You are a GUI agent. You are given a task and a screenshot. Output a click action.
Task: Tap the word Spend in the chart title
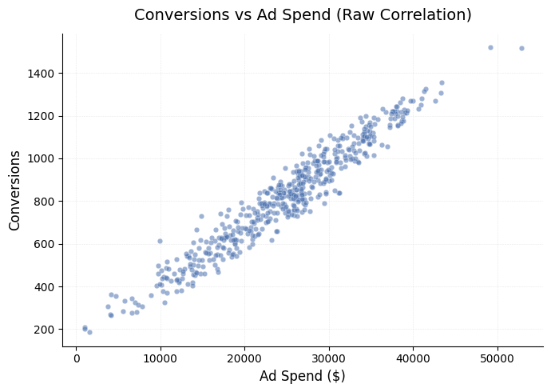pos(265,15)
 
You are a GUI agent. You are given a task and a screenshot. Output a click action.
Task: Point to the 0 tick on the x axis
pos(77,358)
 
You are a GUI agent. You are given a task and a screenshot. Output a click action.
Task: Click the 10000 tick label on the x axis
pos(161,358)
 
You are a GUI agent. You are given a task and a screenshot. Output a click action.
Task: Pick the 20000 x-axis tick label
pos(244,358)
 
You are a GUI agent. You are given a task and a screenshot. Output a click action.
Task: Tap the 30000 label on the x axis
pos(329,358)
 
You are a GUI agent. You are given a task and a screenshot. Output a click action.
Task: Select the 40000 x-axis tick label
pos(413,358)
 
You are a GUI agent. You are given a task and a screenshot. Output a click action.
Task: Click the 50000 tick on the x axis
pos(497,358)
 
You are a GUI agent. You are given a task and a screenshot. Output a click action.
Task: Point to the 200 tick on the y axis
pos(46,330)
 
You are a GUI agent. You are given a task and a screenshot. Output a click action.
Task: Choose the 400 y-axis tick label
pos(46,286)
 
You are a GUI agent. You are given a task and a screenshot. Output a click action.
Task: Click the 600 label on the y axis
pos(46,244)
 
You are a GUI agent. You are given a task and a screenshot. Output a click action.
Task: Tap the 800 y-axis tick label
pos(46,202)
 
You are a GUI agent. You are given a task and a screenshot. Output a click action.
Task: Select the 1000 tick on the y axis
pos(42,158)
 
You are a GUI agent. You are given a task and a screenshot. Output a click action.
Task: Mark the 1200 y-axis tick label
pos(42,116)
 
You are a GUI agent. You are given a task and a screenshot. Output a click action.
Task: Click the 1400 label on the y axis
pos(42,74)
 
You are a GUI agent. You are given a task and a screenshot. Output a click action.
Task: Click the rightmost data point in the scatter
pos(521,48)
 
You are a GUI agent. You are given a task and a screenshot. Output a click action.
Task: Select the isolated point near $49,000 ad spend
pos(490,47)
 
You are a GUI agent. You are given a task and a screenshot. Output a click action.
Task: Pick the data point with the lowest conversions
pos(89,332)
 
